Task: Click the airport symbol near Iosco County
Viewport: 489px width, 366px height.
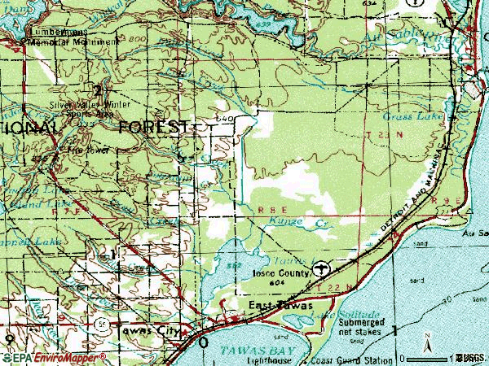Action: pyautogui.click(x=324, y=267)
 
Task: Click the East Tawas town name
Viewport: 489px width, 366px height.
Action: pyautogui.click(x=275, y=305)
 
